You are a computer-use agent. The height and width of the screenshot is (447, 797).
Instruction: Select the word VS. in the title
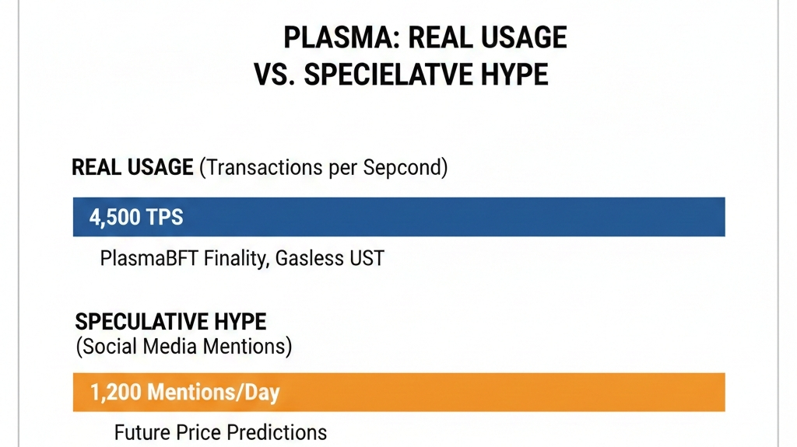(275, 75)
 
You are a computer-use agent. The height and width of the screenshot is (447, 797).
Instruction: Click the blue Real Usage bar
(399, 217)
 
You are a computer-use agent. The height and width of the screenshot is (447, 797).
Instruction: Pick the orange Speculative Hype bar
(399, 392)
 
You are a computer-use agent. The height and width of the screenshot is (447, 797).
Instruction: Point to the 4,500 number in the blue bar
(114, 218)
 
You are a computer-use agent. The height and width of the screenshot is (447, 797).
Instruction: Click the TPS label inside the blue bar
(165, 217)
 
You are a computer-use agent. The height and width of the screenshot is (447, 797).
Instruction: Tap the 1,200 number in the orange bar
(115, 393)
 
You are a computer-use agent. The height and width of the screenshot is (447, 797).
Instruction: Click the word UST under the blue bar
(367, 258)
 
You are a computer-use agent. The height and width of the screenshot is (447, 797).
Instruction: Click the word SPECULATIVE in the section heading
(142, 322)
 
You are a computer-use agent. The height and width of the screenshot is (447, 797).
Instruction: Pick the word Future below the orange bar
(142, 433)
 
